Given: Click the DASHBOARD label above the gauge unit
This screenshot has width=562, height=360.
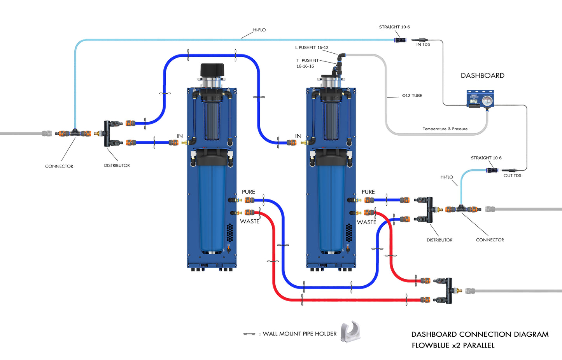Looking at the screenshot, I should pyautogui.click(x=482, y=75).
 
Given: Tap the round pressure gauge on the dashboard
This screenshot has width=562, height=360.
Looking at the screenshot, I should pyautogui.click(x=487, y=101).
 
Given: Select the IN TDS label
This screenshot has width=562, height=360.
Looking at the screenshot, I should pyautogui.click(x=423, y=45).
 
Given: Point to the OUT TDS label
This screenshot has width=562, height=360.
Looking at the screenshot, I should pyautogui.click(x=512, y=176).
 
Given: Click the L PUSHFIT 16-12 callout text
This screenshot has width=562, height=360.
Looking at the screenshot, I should pyautogui.click(x=312, y=48).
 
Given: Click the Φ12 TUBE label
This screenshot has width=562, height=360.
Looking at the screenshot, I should pyautogui.click(x=412, y=96).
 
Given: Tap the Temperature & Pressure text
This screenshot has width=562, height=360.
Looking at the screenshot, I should pyautogui.click(x=445, y=129).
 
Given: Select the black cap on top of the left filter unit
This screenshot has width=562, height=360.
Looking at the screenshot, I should pyautogui.click(x=212, y=70).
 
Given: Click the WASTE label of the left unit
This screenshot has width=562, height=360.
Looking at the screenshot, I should pyautogui.click(x=249, y=222).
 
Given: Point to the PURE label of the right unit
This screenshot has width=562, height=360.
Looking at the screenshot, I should pyautogui.click(x=368, y=192).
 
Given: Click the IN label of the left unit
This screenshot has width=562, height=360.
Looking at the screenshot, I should pyautogui.click(x=179, y=136).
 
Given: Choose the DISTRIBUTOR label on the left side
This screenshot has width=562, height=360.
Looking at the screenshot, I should pyautogui.click(x=117, y=166).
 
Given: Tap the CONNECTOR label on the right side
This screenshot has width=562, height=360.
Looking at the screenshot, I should pyautogui.click(x=490, y=240).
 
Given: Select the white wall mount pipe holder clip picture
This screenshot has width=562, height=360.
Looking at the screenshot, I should pyautogui.click(x=350, y=332).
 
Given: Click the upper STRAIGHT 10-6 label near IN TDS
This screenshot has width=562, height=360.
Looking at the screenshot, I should pyautogui.click(x=394, y=27).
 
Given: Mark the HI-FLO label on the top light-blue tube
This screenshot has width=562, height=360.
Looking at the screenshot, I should pyautogui.click(x=259, y=30).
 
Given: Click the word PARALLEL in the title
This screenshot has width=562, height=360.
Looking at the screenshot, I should pyautogui.click(x=478, y=346).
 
